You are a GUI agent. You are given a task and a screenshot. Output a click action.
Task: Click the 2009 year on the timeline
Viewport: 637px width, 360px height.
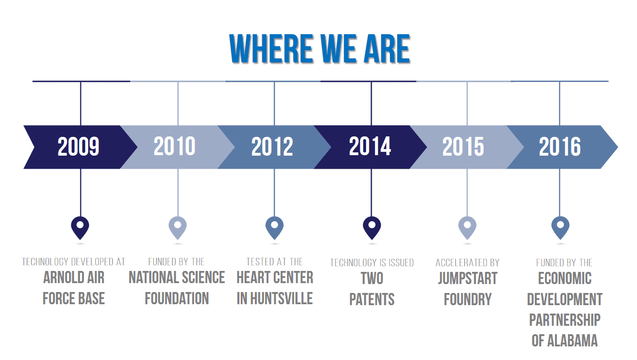point(78,146)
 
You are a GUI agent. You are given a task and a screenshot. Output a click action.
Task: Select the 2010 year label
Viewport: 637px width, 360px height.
point(175,146)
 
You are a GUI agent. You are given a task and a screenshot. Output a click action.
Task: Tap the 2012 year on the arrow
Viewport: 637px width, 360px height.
point(272,146)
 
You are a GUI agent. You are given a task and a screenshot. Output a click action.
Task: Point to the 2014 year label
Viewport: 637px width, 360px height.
point(370,146)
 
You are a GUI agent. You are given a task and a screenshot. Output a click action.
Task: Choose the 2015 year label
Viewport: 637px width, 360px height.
point(463,146)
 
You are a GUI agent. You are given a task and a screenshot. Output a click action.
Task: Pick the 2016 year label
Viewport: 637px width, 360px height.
point(560,146)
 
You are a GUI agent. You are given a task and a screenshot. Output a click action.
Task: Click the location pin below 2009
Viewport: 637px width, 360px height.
point(80,228)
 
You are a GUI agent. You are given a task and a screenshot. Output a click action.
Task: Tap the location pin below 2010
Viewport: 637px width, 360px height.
point(178,228)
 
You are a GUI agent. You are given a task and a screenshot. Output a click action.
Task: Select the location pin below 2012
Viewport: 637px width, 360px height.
point(274,228)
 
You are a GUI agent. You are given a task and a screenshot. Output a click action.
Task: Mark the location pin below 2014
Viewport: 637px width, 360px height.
point(372,228)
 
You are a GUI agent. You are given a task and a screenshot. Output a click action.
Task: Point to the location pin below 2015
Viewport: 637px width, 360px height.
point(467,228)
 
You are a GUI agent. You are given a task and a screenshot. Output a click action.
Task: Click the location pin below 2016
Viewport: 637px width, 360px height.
point(560,228)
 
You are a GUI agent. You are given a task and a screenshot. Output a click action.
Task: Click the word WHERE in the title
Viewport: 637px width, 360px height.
point(271,49)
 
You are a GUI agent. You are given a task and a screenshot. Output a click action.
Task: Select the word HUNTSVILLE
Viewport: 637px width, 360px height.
point(281,299)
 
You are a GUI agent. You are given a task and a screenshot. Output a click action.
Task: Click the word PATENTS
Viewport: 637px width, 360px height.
point(372,300)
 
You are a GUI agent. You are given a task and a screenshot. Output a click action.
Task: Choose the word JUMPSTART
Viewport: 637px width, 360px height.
point(468,278)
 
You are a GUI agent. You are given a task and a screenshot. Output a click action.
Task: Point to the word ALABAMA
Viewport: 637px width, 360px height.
point(572,341)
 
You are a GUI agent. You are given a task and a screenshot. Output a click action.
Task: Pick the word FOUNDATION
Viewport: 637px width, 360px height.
point(177,299)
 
